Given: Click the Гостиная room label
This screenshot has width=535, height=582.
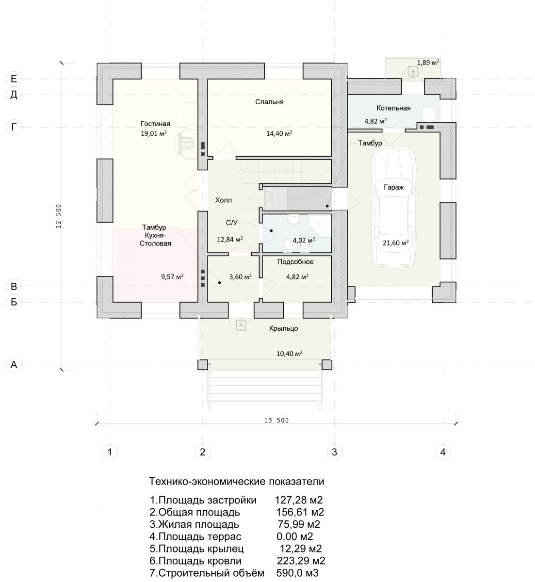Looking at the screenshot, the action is [x=155, y=124].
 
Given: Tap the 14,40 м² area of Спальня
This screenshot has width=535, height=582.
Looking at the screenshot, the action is [x=279, y=133].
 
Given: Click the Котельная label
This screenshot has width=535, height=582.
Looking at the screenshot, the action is [x=393, y=108].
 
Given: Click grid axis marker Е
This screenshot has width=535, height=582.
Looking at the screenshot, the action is [x=14, y=79].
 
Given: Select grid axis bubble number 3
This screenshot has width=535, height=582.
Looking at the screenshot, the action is [x=334, y=452].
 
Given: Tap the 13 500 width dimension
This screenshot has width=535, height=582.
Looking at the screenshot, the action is [x=276, y=420].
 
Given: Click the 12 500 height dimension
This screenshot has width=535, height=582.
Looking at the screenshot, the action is [x=59, y=216].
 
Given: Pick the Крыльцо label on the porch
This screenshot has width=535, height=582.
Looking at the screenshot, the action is [x=283, y=328].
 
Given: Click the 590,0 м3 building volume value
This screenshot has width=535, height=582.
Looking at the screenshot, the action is [x=297, y=573].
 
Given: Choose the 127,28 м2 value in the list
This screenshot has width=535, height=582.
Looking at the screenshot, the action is [x=299, y=500].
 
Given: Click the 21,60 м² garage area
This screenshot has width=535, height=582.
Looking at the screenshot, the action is [x=396, y=242].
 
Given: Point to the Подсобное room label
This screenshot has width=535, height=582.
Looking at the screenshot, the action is [x=295, y=262].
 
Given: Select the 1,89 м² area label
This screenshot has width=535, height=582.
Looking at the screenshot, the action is [x=428, y=63].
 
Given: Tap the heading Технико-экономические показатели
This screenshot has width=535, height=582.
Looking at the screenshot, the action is [x=237, y=481].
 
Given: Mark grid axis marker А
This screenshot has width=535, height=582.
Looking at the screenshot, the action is [x=14, y=364].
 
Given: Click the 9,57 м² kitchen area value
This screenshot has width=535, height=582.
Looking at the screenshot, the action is [x=172, y=276].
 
